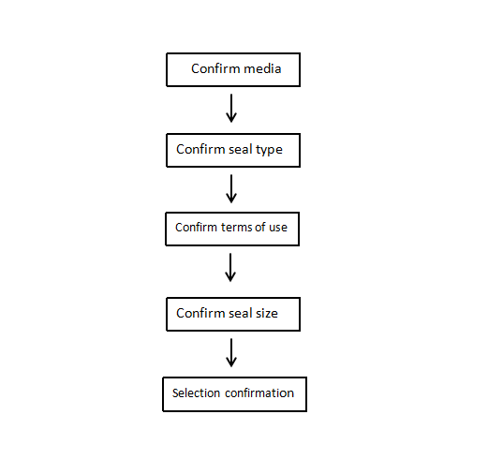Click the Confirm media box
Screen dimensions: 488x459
pyautogui.click(x=233, y=69)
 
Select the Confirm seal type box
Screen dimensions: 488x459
pyautogui.click(x=233, y=150)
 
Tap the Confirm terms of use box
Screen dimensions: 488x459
pyautogui.click(x=232, y=229)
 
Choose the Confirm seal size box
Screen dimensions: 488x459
pyautogui.click(x=233, y=314)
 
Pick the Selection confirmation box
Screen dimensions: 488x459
pyautogui.click(x=234, y=394)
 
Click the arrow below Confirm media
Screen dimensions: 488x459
pyautogui.click(x=231, y=108)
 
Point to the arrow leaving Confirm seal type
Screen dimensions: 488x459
pyautogui.click(x=231, y=188)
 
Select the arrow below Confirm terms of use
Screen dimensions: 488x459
pyautogui.click(x=230, y=267)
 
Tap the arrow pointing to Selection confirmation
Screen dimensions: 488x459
pyautogui.click(x=231, y=352)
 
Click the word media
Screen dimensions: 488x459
pyautogui.click(x=262, y=68)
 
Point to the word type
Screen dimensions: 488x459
pyautogui.click(x=269, y=150)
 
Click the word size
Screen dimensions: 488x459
pyautogui.click(x=267, y=313)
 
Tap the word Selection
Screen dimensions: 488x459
pyautogui.click(x=196, y=392)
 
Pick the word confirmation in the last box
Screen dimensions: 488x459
pyautogui.click(x=259, y=392)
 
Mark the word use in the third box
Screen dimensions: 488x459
pyautogui.click(x=278, y=228)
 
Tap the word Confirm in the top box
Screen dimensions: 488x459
pyautogui.click(x=215, y=68)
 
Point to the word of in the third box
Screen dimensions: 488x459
pyautogui.click(x=260, y=227)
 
